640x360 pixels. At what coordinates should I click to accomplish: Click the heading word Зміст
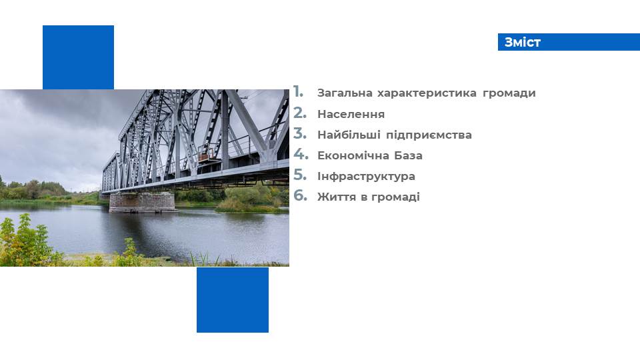[523, 42]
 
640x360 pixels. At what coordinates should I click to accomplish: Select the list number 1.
[299, 92]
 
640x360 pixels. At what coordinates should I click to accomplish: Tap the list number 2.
[299, 113]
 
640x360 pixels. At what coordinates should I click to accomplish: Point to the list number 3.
[299, 133]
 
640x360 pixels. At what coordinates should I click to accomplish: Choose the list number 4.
[301, 154]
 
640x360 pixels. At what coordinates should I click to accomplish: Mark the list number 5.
[299, 175]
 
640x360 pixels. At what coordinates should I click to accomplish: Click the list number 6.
[300, 195]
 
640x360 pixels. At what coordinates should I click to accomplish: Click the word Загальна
[345, 93]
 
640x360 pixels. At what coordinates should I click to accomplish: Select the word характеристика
[427, 93]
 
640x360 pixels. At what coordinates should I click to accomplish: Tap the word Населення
[351, 114]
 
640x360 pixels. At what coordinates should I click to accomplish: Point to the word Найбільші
[349, 135]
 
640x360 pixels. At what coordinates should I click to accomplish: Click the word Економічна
[353, 155]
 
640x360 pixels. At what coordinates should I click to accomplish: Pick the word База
[408, 155]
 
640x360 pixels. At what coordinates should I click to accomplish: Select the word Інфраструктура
[366, 176]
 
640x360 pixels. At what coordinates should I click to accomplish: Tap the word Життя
[337, 197]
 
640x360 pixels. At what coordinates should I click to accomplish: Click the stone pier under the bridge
[142, 203]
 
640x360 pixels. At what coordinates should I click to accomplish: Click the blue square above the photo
[79, 57]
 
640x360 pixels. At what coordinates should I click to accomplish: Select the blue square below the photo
[233, 300]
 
